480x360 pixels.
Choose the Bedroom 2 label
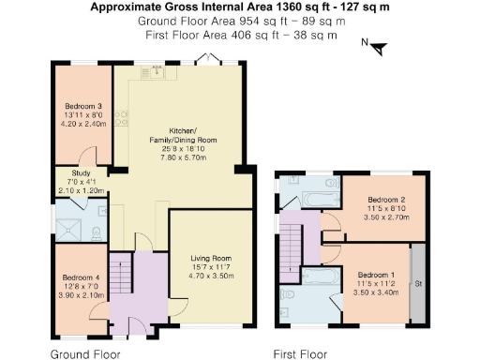[x=385, y=201]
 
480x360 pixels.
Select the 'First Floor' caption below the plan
[x=300, y=354]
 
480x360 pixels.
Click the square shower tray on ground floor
[x=67, y=225]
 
